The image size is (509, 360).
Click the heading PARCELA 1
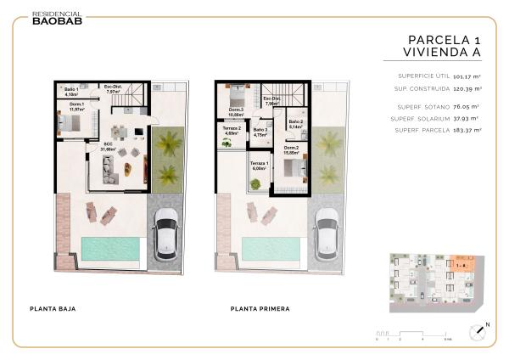(x=444, y=39)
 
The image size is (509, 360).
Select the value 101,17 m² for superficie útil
(x=467, y=76)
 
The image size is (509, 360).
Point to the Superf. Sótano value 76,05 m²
(x=467, y=107)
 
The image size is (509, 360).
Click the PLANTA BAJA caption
(x=53, y=308)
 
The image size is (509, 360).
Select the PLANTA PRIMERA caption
(x=260, y=308)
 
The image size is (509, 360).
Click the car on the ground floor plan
(x=165, y=234)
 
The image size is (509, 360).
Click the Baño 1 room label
(x=71, y=91)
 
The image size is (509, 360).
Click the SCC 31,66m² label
(x=108, y=146)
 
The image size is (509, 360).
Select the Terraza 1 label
(x=259, y=165)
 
